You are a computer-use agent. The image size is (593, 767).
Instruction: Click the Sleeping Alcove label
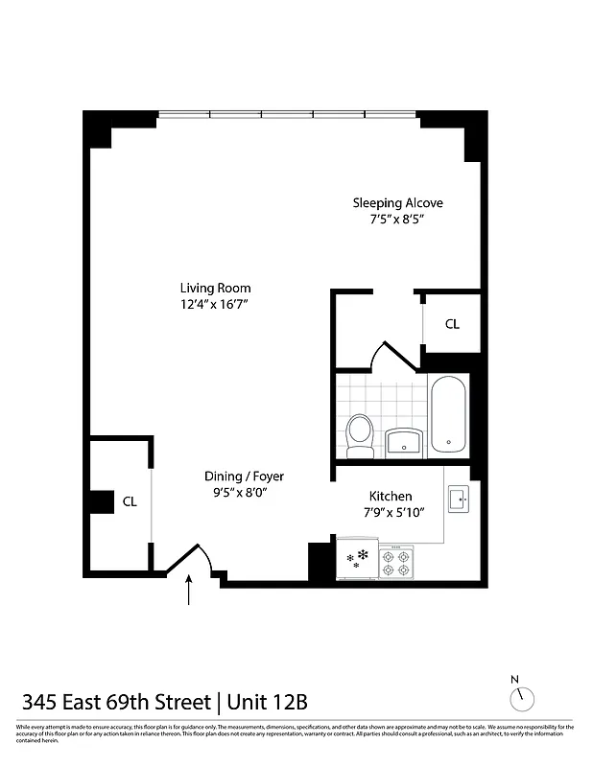pos(397,203)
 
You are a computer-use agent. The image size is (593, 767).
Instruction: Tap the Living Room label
pos(215,288)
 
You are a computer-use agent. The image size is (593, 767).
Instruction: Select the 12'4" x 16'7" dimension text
pos(215,305)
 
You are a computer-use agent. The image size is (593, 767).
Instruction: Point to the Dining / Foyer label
pos(244,476)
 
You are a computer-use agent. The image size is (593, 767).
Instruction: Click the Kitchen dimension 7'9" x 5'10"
pos(391,513)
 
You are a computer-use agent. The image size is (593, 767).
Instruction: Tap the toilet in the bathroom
pos(361,435)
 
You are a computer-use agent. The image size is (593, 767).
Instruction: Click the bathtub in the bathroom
pos(449,415)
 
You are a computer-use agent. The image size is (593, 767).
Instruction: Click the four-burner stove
pos(395,562)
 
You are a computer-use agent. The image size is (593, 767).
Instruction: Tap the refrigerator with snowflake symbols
pos(357,560)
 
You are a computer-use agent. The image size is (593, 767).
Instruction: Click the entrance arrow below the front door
pos(189,590)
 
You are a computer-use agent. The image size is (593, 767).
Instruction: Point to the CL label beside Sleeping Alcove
pos(452,324)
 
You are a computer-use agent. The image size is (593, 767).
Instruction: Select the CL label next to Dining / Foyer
pos(130,500)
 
